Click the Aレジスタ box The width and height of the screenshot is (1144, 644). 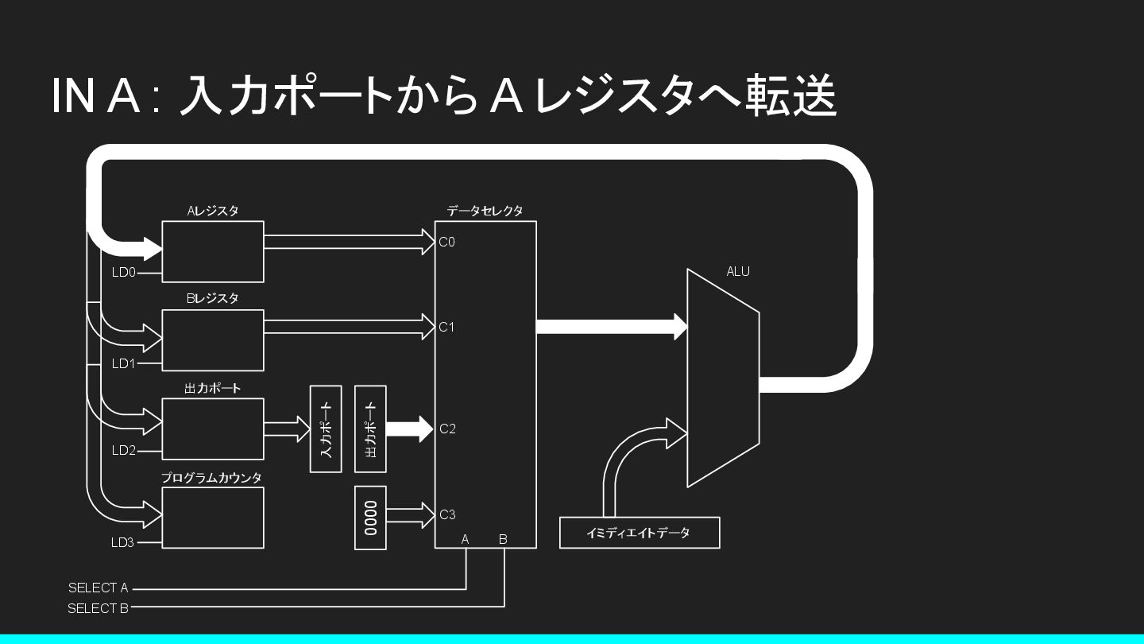click(213, 251)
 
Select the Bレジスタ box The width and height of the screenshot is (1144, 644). click(213, 340)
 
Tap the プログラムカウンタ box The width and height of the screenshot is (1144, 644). click(213, 518)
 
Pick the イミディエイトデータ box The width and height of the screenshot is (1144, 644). click(640, 533)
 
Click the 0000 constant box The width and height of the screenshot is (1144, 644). click(370, 518)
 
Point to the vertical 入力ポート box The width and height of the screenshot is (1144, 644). click(326, 429)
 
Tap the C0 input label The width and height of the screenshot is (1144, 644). click(447, 242)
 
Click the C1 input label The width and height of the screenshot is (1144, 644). click(447, 327)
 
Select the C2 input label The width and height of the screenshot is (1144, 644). click(447, 429)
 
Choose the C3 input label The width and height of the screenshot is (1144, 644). click(447, 514)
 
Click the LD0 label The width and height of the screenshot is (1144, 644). click(124, 273)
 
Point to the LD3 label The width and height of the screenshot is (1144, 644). click(123, 543)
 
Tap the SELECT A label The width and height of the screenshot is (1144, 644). click(98, 588)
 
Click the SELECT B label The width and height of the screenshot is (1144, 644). click(98, 608)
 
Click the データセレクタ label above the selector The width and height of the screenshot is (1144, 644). click(485, 211)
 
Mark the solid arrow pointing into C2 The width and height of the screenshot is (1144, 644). click(409, 429)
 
